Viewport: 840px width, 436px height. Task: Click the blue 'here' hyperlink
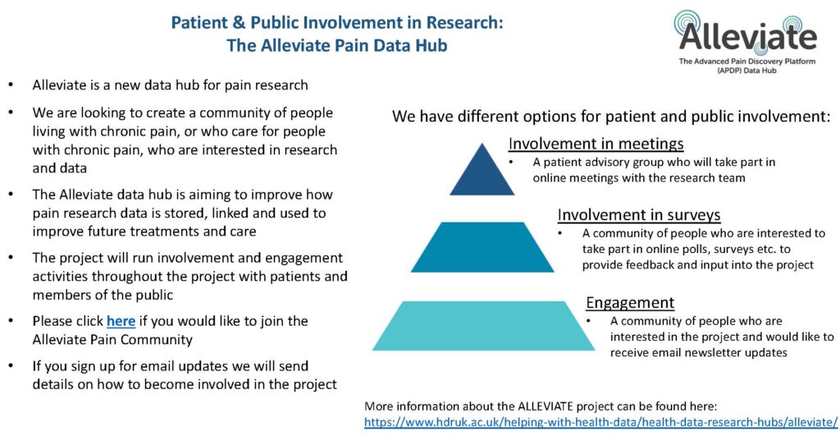pyautogui.click(x=121, y=321)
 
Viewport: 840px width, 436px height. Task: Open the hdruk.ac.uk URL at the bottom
pyautogui.click(x=600, y=422)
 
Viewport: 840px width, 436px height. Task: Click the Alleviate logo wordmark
pyautogui.click(x=747, y=36)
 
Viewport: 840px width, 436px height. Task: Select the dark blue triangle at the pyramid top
pyautogui.click(x=482, y=171)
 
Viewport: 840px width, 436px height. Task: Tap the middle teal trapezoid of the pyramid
pyautogui.click(x=482, y=247)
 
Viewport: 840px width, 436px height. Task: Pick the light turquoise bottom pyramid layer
pyautogui.click(x=483, y=326)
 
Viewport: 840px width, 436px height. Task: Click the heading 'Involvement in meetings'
pyautogui.click(x=596, y=145)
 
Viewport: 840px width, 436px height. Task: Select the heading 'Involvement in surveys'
pyautogui.click(x=638, y=215)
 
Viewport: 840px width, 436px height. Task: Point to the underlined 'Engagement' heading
pyautogui.click(x=630, y=303)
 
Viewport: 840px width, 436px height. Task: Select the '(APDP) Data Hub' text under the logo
pyautogui.click(x=746, y=71)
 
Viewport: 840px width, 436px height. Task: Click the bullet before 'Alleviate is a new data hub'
pyautogui.click(x=11, y=85)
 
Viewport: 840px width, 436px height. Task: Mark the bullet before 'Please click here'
pyautogui.click(x=11, y=321)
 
